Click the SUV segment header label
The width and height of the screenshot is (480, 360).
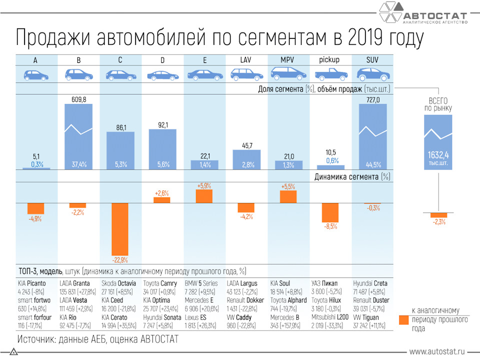[x=371, y=60]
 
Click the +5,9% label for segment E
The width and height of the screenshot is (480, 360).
[x=204, y=185]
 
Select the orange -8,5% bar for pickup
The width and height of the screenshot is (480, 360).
[x=330, y=212]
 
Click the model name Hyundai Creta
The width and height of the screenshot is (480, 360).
[x=370, y=283]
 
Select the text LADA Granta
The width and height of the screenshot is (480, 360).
[x=78, y=283]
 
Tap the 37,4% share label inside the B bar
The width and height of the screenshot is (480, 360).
[x=78, y=164]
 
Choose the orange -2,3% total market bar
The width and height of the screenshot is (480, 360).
[x=438, y=214]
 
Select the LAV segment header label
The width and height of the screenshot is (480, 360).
[x=245, y=60]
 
